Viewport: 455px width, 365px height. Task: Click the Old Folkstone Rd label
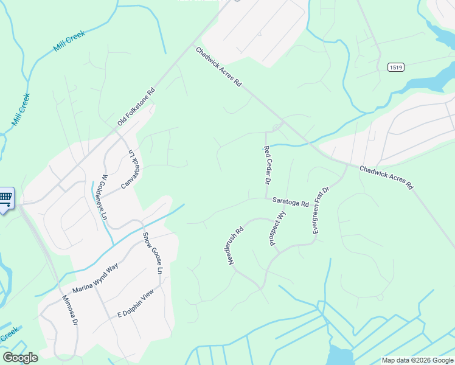137,108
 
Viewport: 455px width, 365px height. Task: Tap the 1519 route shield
396,67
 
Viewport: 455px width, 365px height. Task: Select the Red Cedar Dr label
266,165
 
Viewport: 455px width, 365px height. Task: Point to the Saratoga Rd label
291,202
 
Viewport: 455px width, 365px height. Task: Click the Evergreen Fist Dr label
321,210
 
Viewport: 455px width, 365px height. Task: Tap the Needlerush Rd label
237,249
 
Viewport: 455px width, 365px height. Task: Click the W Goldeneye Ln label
100,198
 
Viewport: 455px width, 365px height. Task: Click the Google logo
20,358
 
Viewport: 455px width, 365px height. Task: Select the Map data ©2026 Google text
417,360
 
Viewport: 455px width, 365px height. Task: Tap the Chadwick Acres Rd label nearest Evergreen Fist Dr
386,176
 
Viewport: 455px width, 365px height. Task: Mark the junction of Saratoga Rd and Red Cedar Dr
267,198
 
